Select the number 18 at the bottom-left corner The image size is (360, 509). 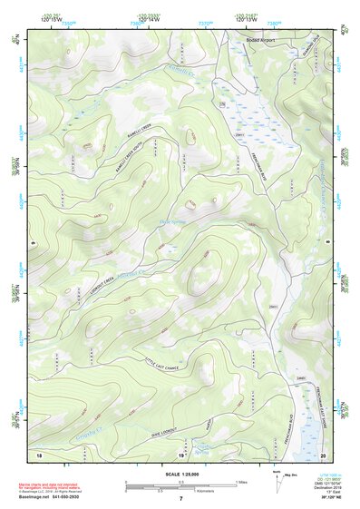(x=39, y=454)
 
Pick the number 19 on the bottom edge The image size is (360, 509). (x=180, y=455)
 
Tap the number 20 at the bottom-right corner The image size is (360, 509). (x=323, y=454)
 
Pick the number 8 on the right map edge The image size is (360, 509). (x=326, y=243)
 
